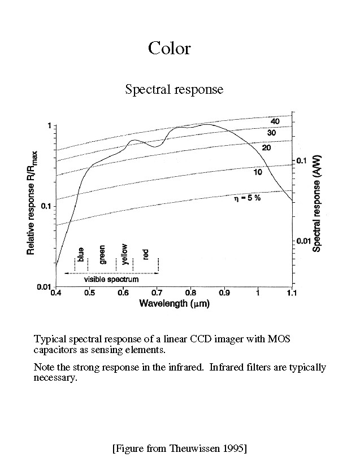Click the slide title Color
click(169, 48)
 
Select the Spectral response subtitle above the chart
click(174, 89)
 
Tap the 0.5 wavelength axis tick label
click(89, 293)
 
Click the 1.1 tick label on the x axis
click(291, 293)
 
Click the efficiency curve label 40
click(275, 121)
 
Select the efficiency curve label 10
click(258, 172)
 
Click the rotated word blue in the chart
click(81, 255)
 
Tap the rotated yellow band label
click(124, 252)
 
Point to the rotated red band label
click(146, 255)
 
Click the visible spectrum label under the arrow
click(111, 279)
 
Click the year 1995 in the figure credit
click(230, 448)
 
